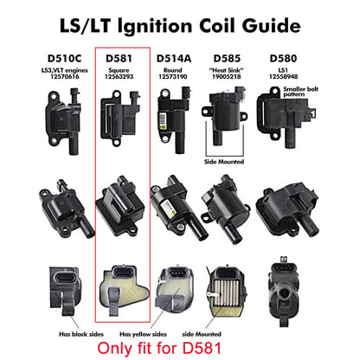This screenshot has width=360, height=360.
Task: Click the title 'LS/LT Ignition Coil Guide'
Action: click(x=179, y=20)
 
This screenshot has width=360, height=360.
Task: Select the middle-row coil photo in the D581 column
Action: click(x=121, y=205)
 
